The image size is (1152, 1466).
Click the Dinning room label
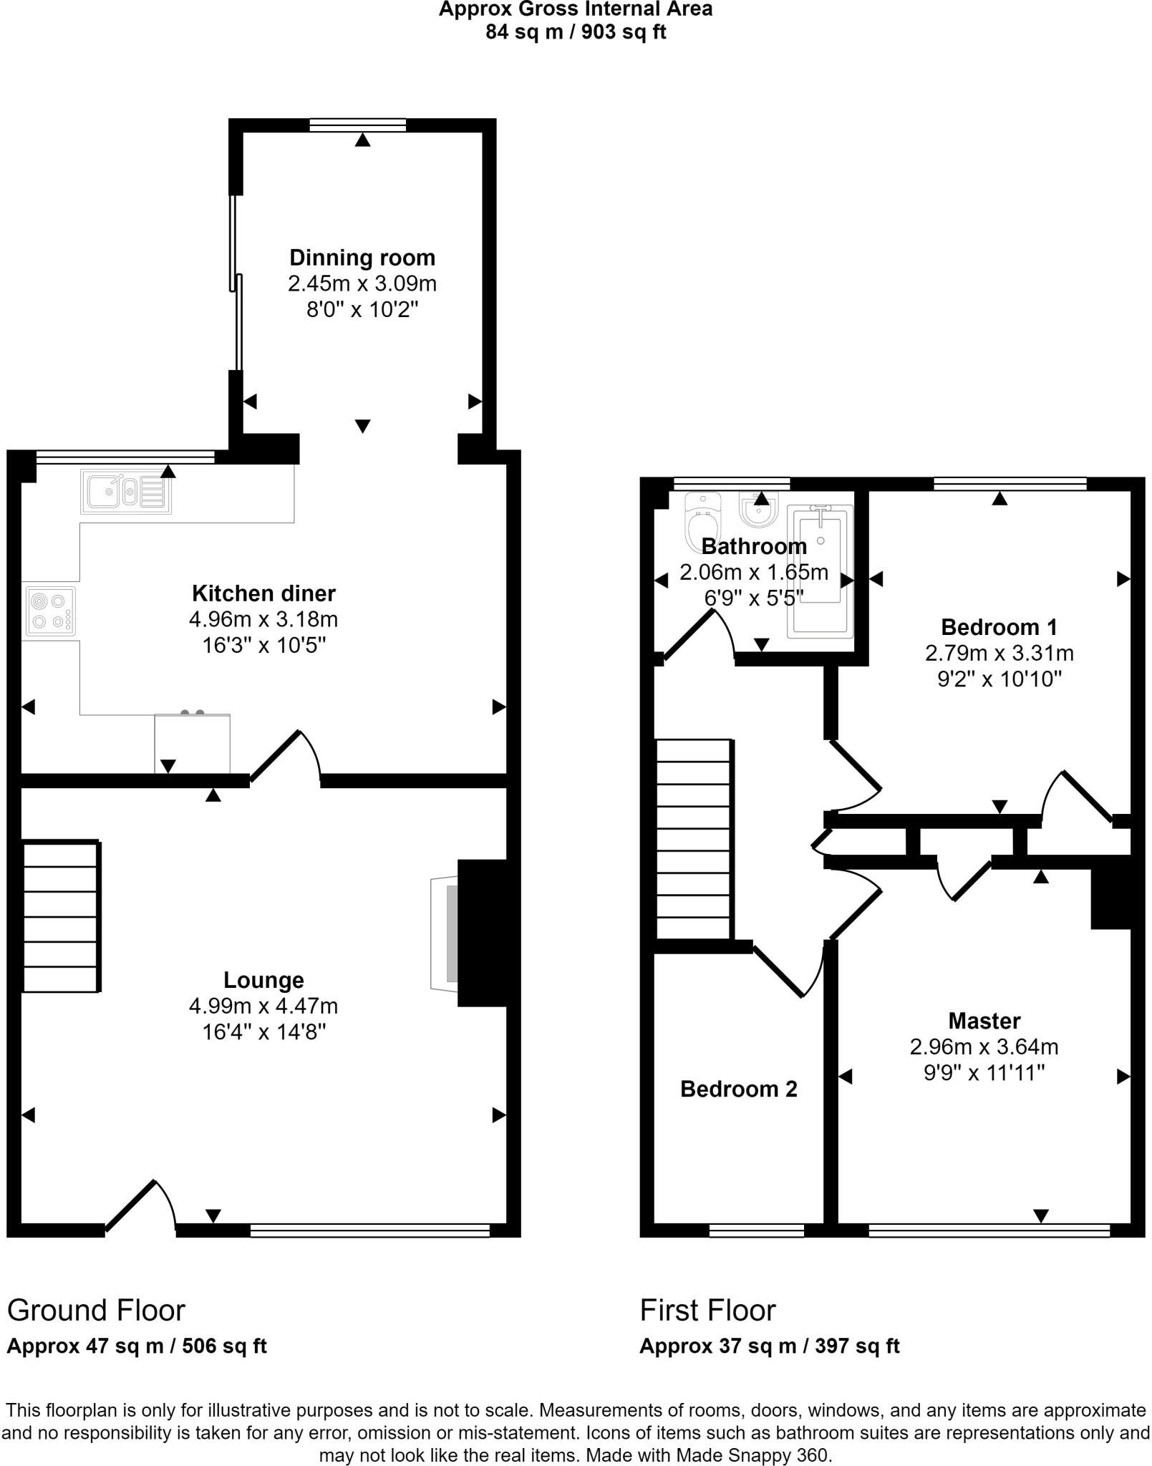[x=362, y=258]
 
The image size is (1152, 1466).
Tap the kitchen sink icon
[x=126, y=492]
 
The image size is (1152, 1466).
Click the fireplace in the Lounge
[x=445, y=933]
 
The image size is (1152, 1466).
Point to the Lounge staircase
[x=60, y=917]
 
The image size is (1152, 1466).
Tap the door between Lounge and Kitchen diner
[x=285, y=756]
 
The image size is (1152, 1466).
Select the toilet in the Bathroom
[x=702, y=521]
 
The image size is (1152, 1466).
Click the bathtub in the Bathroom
[x=820, y=571]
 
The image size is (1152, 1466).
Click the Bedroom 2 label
[x=738, y=1089]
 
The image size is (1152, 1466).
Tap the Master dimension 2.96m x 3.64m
[x=984, y=1047]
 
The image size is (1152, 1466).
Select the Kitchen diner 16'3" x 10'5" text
[x=263, y=646]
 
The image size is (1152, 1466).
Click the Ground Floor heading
[x=96, y=1311]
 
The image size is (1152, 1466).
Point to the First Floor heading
[x=707, y=1311]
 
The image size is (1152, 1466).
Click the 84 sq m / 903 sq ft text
[x=576, y=32]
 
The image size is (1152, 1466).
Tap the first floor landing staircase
[x=694, y=839]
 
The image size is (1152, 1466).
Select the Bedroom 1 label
[x=999, y=627]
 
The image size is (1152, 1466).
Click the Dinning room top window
[x=358, y=125]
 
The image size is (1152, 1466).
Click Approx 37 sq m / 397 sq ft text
[x=769, y=1346]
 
